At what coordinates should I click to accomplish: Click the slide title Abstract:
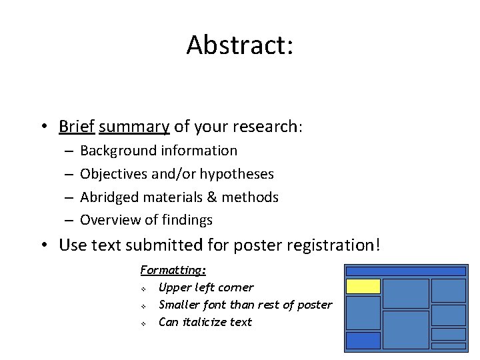(x=239, y=45)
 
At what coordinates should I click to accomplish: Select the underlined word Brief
(x=77, y=126)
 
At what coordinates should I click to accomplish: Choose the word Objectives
(x=113, y=174)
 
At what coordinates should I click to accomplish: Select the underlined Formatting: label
(x=173, y=270)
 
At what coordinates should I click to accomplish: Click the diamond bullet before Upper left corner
(x=143, y=288)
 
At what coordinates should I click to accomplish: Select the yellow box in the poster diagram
(x=363, y=287)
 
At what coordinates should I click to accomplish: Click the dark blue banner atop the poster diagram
(x=405, y=271)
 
